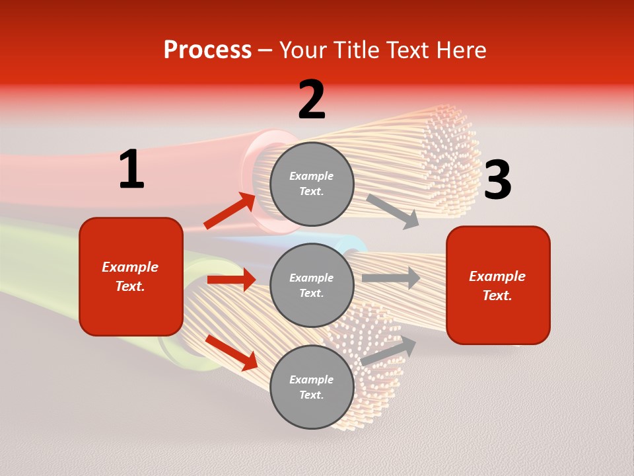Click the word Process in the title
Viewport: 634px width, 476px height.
point(207,50)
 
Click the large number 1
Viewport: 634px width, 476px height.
point(131,170)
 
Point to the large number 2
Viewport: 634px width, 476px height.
point(312,100)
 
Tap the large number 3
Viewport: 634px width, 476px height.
point(497,180)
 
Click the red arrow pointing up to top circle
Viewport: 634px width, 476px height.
point(230,211)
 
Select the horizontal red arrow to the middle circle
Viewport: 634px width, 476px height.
point(231,280)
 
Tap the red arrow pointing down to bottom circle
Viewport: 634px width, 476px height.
point(232,352)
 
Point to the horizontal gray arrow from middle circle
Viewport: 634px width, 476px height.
point(391,278)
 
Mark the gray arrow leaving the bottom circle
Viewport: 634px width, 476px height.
point(389,351)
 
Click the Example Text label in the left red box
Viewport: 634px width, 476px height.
point(130,276)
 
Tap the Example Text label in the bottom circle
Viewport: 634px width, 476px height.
point(312,387)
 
